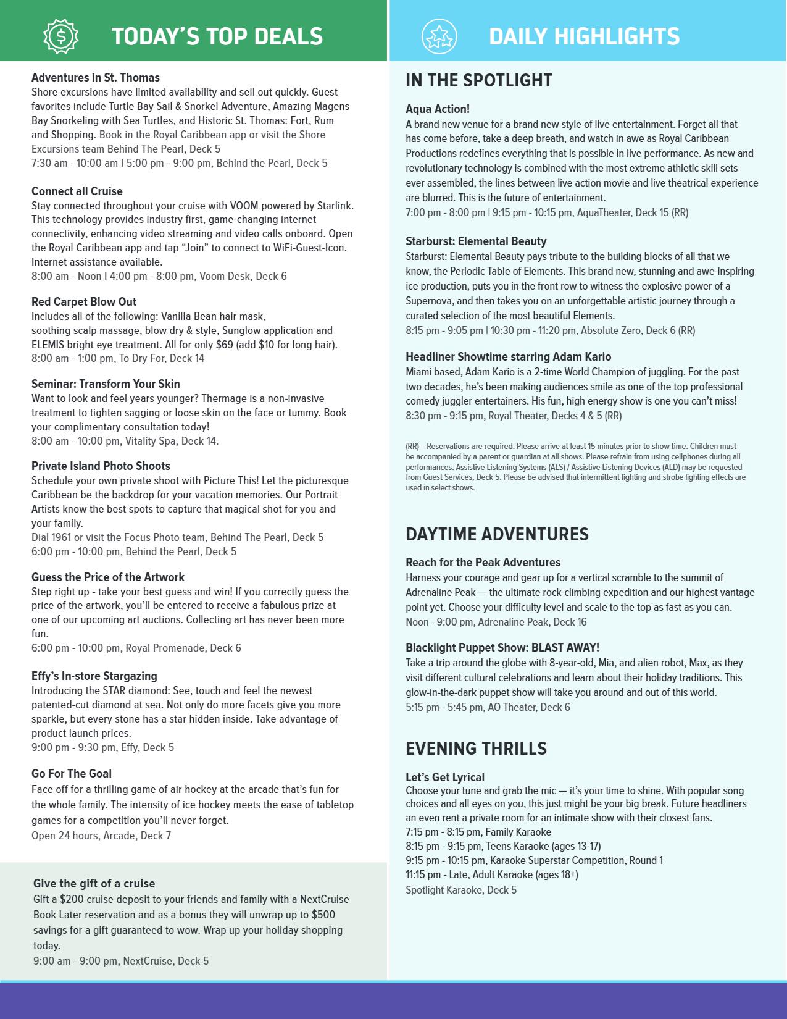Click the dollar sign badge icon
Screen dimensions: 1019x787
coord(61,36)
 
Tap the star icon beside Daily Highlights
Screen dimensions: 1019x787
coord(439,36)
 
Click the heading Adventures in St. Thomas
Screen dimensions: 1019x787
coord(96,78)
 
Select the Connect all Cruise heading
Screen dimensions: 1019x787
coord(77,191)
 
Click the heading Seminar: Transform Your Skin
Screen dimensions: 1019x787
coord(106,384)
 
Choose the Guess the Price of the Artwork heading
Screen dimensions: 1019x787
coord(108,577)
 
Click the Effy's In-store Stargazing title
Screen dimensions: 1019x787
coord(94,676)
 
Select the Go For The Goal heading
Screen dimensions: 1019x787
coord(72,773)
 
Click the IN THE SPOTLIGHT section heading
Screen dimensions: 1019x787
coord(479,80)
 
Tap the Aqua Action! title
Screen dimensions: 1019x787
coord(438,109)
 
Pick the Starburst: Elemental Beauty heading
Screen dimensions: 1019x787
coord(476,241)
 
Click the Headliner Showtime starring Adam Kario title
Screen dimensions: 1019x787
coord(508,356)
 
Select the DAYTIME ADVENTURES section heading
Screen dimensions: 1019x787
coord(497,534)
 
